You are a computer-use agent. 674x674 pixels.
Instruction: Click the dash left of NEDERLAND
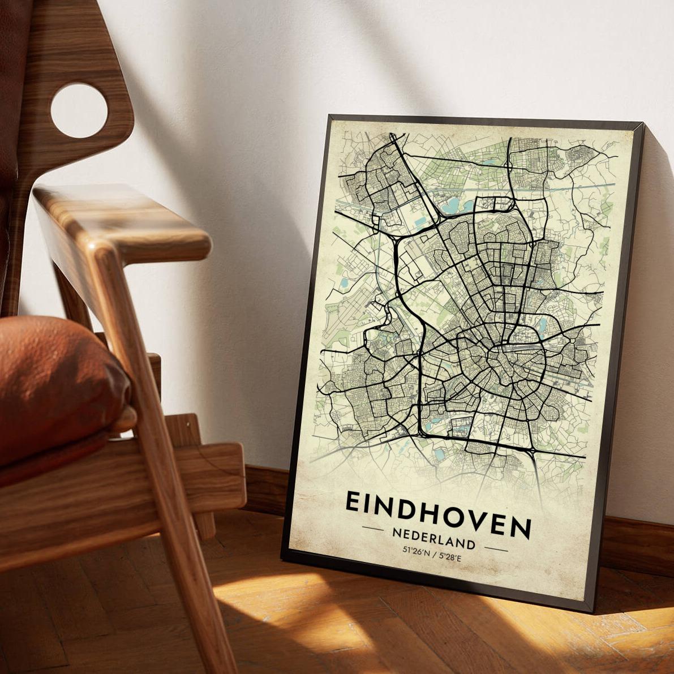(373, 530)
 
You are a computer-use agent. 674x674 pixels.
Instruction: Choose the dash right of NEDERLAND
(496, 548)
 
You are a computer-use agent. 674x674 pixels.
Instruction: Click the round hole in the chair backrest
(79, 110)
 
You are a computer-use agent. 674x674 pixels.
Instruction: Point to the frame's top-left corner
(330, 116)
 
